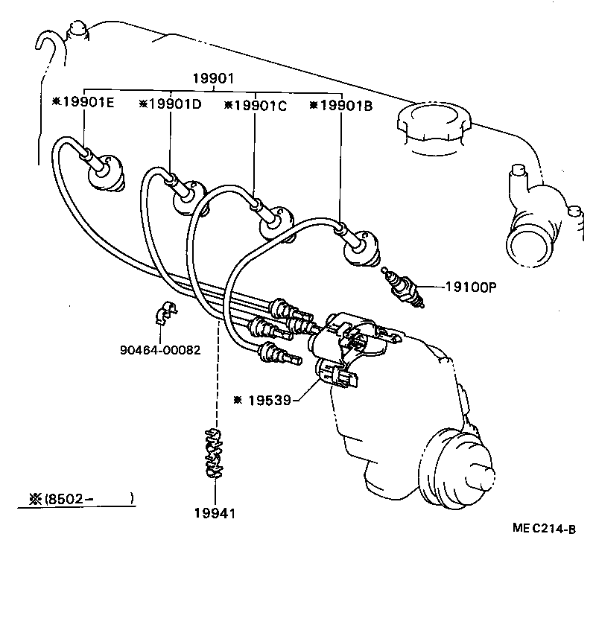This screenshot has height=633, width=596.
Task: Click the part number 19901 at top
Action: (x=214, y=77)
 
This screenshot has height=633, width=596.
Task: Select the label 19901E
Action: (x=83, y=104)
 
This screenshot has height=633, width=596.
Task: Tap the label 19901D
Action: (x=170, y=104)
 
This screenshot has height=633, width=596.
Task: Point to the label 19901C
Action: (x=256, y=105)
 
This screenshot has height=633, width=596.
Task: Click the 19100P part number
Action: (x=471, y=286)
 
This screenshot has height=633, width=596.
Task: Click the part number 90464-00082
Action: (x=159, y=350)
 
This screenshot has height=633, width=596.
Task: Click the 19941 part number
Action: (x=215, y=512)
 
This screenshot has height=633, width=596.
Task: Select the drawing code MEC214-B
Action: (x=544, y=529)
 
